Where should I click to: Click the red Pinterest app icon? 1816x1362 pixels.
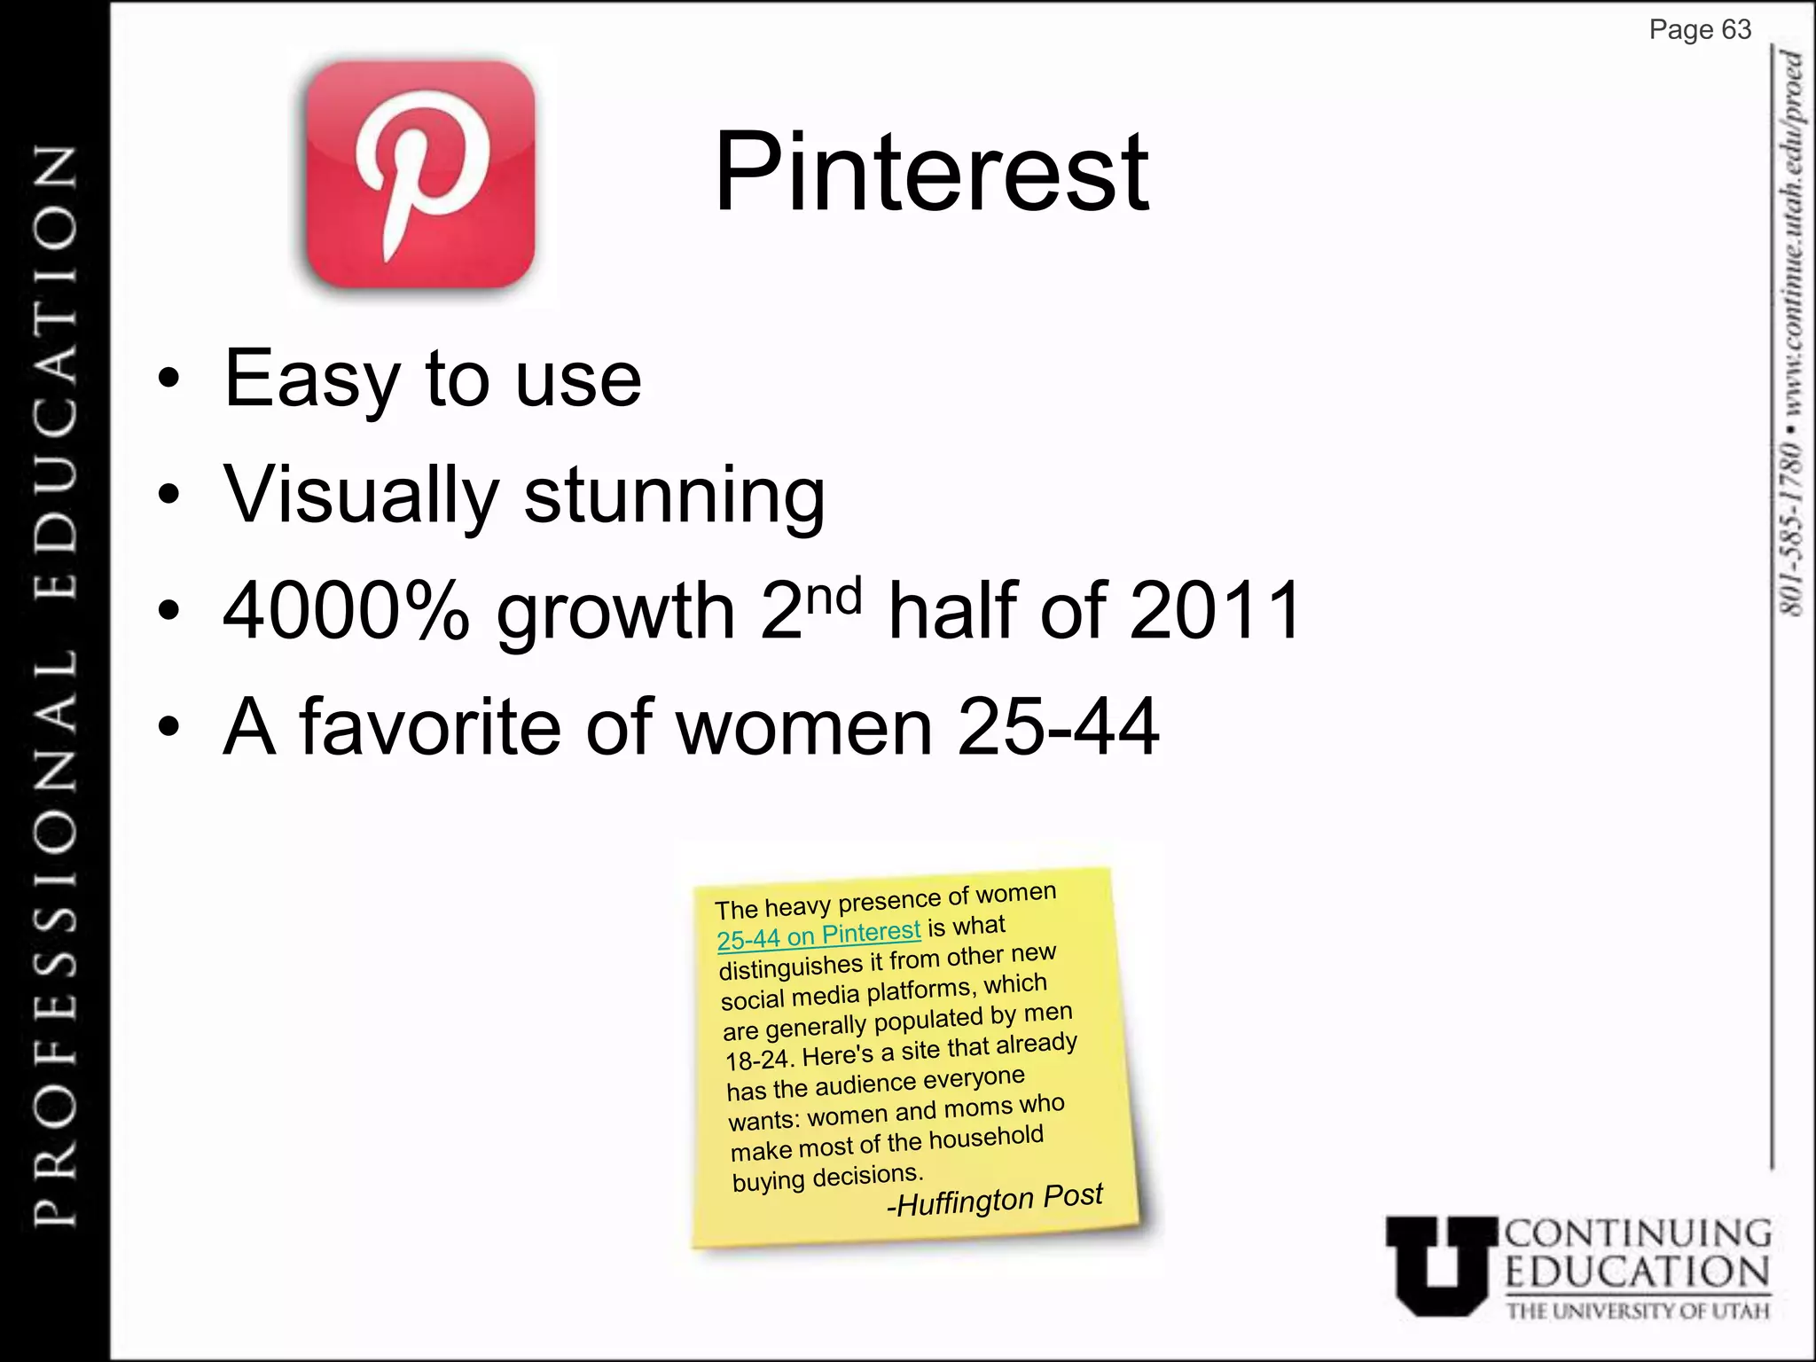(420, 175)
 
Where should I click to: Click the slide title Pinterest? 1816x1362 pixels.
(931, 172)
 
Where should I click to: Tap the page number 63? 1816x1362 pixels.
(1735, 30)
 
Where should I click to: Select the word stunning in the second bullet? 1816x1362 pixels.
(674, 496)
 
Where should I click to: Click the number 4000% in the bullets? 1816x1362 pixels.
(346, 611)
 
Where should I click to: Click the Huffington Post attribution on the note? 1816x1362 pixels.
(995, 1200)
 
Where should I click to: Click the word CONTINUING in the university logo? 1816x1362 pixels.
(1638, 1233)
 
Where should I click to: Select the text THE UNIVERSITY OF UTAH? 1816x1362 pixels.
(1638, 1311)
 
